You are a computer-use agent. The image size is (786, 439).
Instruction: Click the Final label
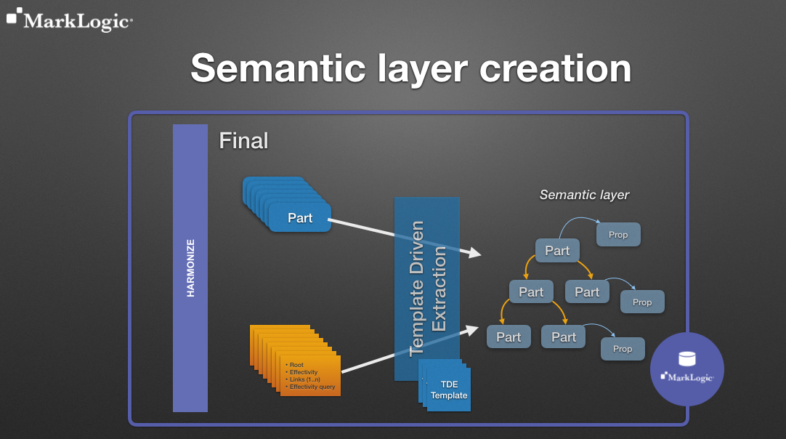coord(243,140)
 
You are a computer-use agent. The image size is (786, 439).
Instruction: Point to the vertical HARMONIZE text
coord(190,268)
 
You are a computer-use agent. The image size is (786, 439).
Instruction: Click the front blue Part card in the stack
coord(300,217)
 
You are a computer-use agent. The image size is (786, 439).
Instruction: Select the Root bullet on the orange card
coord(296,365)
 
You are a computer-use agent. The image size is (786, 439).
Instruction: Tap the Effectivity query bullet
coord(311,387)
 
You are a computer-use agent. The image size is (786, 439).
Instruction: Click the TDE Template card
coord(449,390)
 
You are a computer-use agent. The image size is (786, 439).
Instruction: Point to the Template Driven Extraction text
coord(428,289)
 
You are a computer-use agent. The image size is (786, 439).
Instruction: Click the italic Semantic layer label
coord(584,195)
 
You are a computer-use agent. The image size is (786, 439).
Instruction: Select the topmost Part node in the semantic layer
coord(557,251)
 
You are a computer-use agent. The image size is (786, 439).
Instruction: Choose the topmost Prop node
coord(618,235)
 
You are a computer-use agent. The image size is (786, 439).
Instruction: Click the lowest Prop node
coord(623,349)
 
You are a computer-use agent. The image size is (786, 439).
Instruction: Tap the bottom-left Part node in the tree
coord(509,337)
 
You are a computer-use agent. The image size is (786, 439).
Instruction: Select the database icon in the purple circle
coord(686,359)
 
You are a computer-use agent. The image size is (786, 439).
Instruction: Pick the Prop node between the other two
coord(642,302)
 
